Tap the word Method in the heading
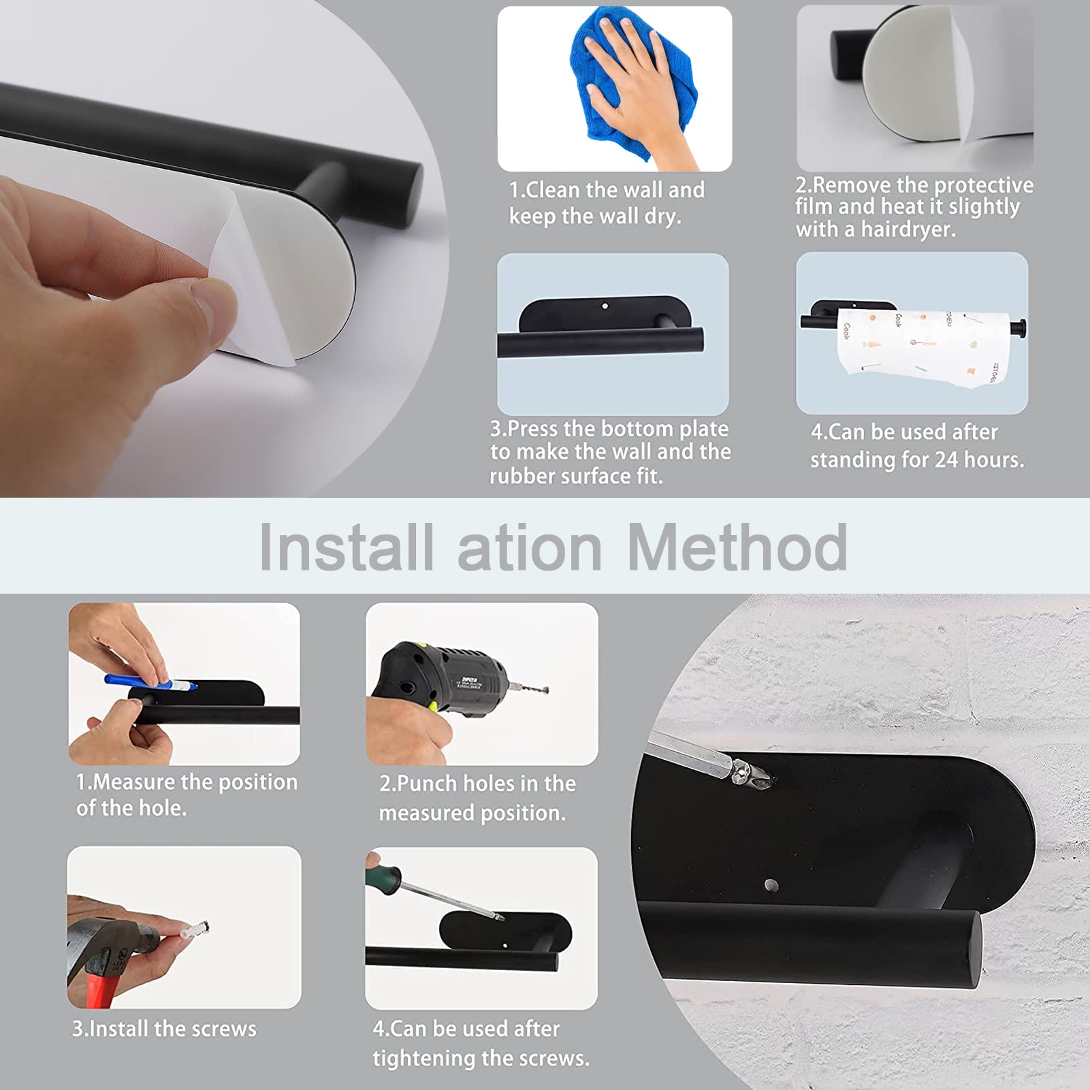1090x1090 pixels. tap(737, 548)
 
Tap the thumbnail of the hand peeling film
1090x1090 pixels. tap(915, 89)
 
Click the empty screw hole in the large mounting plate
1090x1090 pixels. tap(771, 885)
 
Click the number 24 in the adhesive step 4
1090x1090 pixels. tap(946, 460)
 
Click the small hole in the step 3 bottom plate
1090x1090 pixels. tap(605, 306)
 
